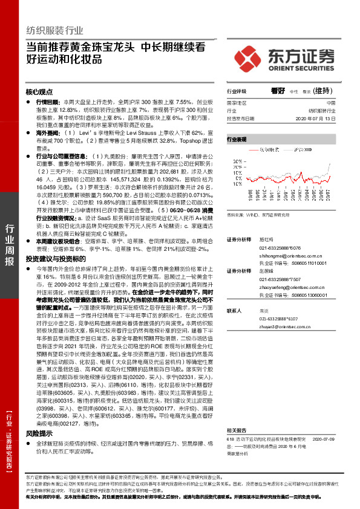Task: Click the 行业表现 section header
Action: (x=237, y=139)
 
